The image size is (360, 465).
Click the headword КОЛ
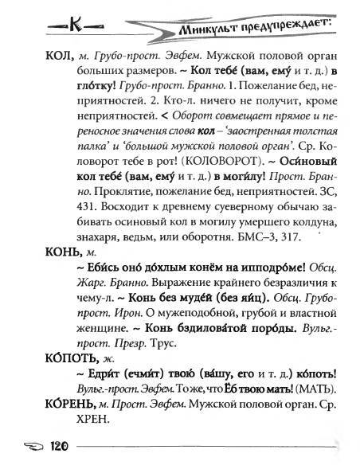[x=29, y=53]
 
